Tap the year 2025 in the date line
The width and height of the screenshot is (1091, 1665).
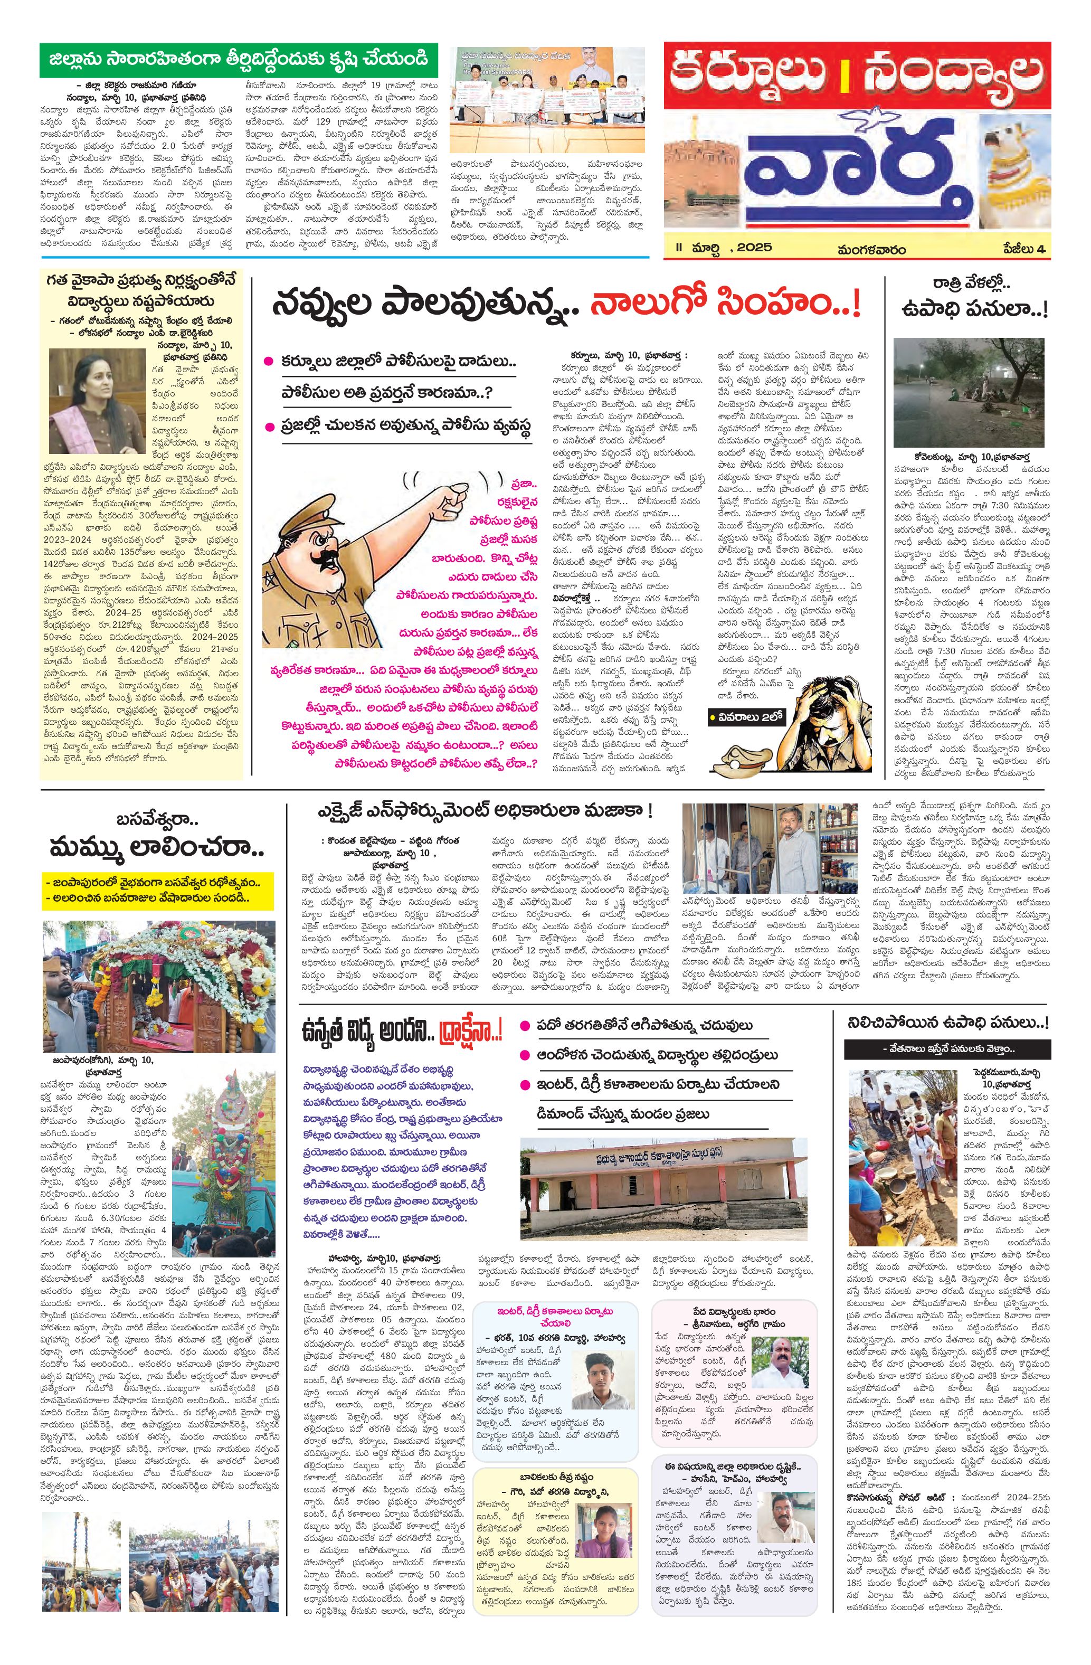click(752, 247)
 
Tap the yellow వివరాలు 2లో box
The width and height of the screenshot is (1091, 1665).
click(746, 716)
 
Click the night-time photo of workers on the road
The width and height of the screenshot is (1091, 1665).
click(969, 391)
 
